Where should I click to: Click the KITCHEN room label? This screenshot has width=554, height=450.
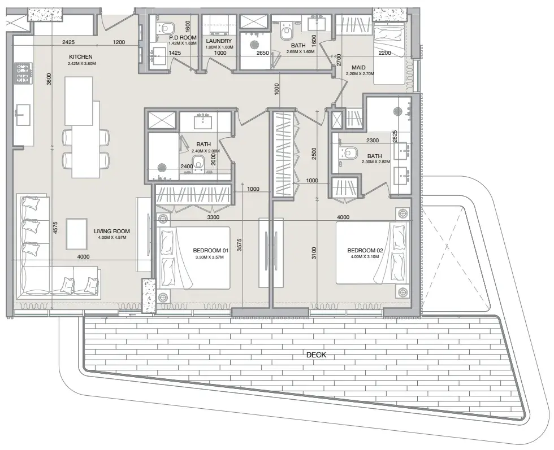coord(80,57)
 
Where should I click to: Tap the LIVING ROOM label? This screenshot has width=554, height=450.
coord(112,231)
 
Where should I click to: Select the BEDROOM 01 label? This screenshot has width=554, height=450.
coord(210,251)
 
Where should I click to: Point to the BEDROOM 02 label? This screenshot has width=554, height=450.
coord(365,251)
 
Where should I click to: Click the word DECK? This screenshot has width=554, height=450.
coord(316,355)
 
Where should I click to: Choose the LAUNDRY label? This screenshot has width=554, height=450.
coord(219,41)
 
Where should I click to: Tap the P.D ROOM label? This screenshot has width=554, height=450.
coord(182,37)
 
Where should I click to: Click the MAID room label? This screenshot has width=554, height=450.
coord(358,67)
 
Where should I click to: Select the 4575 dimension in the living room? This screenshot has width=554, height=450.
coord(55,228)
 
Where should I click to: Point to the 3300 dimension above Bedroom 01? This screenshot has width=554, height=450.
coord(213,217)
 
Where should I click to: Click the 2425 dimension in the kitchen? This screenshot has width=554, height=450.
coord(68,42)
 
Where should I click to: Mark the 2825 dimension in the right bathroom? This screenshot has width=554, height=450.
coord(395,137)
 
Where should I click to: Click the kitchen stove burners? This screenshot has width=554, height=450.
coord(23,73)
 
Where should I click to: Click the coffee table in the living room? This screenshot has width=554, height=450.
coord(77,234)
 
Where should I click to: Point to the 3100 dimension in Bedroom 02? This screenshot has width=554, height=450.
coord(314,253)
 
